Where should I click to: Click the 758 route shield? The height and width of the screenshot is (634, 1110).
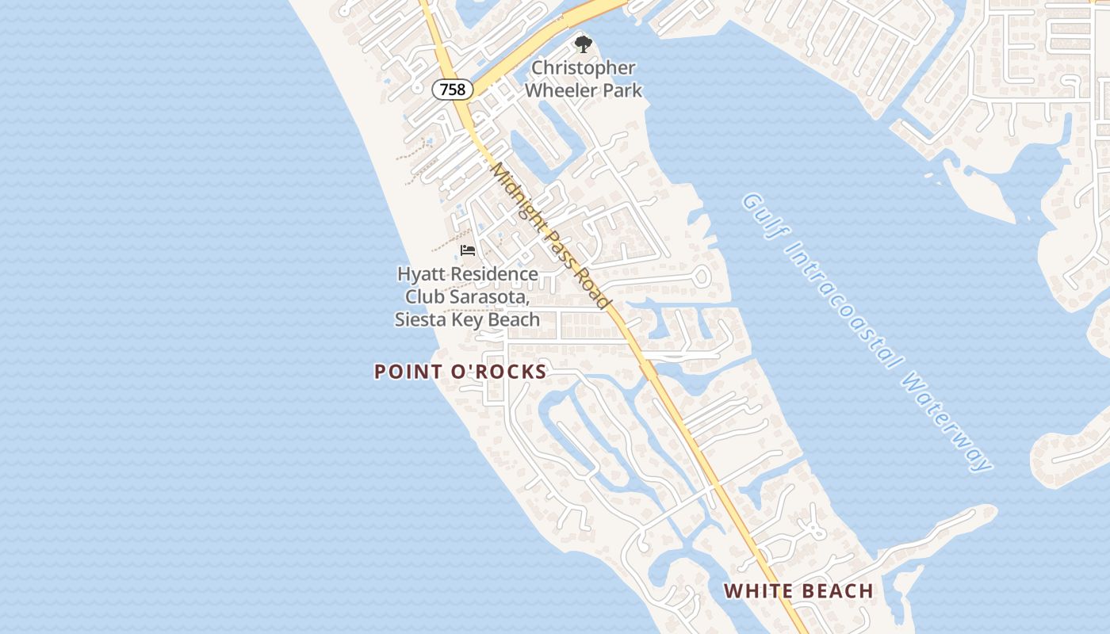coord(453,90)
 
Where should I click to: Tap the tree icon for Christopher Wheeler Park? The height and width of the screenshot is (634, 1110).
coord(583,44)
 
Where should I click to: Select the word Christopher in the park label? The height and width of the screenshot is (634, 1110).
coord(584,68)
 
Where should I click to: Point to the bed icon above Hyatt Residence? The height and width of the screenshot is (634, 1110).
coord(468,250)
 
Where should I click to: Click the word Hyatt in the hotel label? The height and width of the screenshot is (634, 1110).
coord(419,274)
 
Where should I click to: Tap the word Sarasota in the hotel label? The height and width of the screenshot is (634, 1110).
coord(491,297)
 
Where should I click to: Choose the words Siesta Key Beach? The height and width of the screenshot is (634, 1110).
coord(468,320)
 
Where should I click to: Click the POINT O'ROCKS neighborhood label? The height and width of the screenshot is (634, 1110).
coord(461,372)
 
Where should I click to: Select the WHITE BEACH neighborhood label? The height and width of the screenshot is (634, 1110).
coord(798,590)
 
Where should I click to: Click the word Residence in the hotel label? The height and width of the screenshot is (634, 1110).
coord(491,274)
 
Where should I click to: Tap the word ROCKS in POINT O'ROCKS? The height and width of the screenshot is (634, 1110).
coord(512,372)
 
